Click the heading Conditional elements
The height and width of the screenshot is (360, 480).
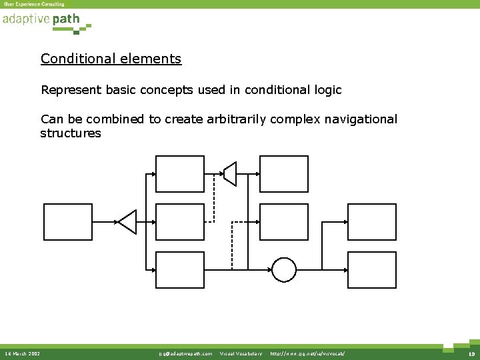(111, 59)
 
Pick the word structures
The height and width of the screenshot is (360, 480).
(71, 133)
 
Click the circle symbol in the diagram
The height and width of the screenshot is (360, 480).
(283, 270)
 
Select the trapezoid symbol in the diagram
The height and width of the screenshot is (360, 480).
(229, 173)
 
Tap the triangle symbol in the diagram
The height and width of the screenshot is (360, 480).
(127, 222)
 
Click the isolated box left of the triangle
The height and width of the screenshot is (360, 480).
(67, 222)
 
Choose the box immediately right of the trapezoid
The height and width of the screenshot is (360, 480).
(283, 173)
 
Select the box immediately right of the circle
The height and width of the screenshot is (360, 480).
(371, 270)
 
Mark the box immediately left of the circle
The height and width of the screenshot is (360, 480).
(179, 270)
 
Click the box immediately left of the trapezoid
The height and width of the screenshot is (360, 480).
(179, 173)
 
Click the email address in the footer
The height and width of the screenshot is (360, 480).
(186, 353)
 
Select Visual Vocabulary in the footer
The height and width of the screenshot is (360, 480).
(241, 353)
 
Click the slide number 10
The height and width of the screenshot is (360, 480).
(469, 353)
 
